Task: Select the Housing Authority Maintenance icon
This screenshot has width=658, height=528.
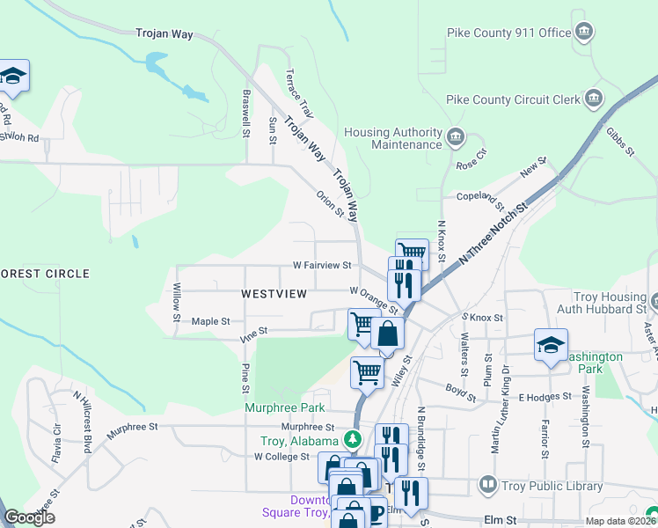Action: tap(457, 136)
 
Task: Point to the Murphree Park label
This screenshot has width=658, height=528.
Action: tap(285, 407)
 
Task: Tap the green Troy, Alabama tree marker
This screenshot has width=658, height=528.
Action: tap(353, 437)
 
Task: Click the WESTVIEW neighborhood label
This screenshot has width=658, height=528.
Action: tap(274, 293)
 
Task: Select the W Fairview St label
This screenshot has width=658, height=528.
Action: tap(322, 265)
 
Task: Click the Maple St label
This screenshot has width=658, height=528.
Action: tap(210, 322)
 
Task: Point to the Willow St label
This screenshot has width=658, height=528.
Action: tap(177, 302)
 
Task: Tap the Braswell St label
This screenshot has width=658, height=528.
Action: tap(247, 111)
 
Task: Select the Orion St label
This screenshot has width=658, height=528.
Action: tap(330, 203)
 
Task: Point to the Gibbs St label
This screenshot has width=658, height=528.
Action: tap(619, 142)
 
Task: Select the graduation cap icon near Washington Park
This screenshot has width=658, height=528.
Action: tap(551, 345)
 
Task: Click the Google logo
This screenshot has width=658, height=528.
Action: tap(30, 517)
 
